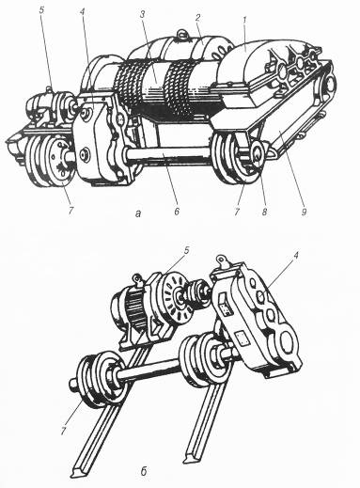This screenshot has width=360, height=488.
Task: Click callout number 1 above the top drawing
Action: [x=245, y=20]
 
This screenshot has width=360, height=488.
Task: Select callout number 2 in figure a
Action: [x=197, y=18]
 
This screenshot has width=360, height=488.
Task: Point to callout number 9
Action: [x=304, y=213]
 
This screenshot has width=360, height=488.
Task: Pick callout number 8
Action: [x=264, y=213]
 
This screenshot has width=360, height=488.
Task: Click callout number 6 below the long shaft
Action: [x=177, y=213]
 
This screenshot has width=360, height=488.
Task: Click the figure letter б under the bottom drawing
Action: [x=143, y=471]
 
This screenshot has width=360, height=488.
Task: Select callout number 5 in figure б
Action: [x=187, y=250]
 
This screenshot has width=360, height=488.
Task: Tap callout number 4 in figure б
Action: [x=295, y=257]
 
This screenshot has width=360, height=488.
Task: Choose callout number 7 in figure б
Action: [x=64, y=432]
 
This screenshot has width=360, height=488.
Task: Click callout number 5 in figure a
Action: [x=41, y=9]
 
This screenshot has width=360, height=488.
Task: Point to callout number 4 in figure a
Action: [x=82, y=13]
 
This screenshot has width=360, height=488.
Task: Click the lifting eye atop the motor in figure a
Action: [x=182, y=34]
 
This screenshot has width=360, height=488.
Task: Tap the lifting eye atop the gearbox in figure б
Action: [x=223, y=260]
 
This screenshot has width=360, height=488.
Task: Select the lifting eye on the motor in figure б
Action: [x=137, y=279]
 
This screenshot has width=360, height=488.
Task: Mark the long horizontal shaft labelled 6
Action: [x=169, y=155]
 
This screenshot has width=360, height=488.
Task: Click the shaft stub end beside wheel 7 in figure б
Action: [x=72, y=384]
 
